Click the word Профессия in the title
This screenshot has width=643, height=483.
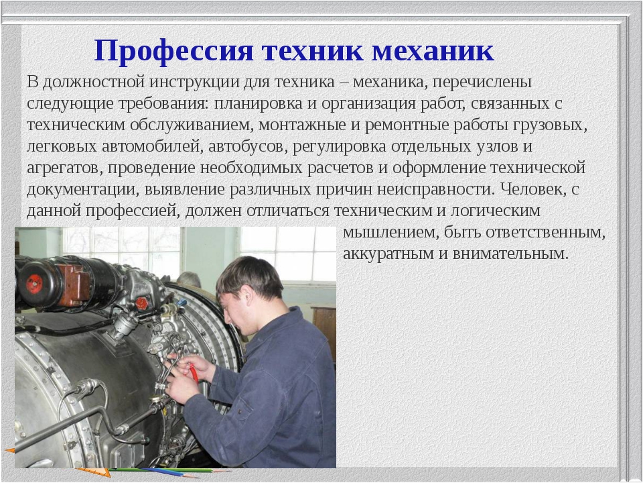(x=174, y=51)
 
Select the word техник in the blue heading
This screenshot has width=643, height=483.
(x=313, y=51)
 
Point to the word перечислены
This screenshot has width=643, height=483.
(x=482, y=83)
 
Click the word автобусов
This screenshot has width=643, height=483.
(x=246, y=147)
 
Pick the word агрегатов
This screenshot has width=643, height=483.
(x=65, y=168)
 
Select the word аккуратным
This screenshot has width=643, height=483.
(x=388, y=254)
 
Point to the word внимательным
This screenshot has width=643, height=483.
(x=510, y=254)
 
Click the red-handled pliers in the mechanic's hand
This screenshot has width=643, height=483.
(x=192, y=371)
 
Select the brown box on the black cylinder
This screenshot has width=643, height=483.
(x=74, y=285)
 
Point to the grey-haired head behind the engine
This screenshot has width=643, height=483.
(x=188, y=280)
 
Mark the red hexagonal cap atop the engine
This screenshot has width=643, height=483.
(x=141, y=304)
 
